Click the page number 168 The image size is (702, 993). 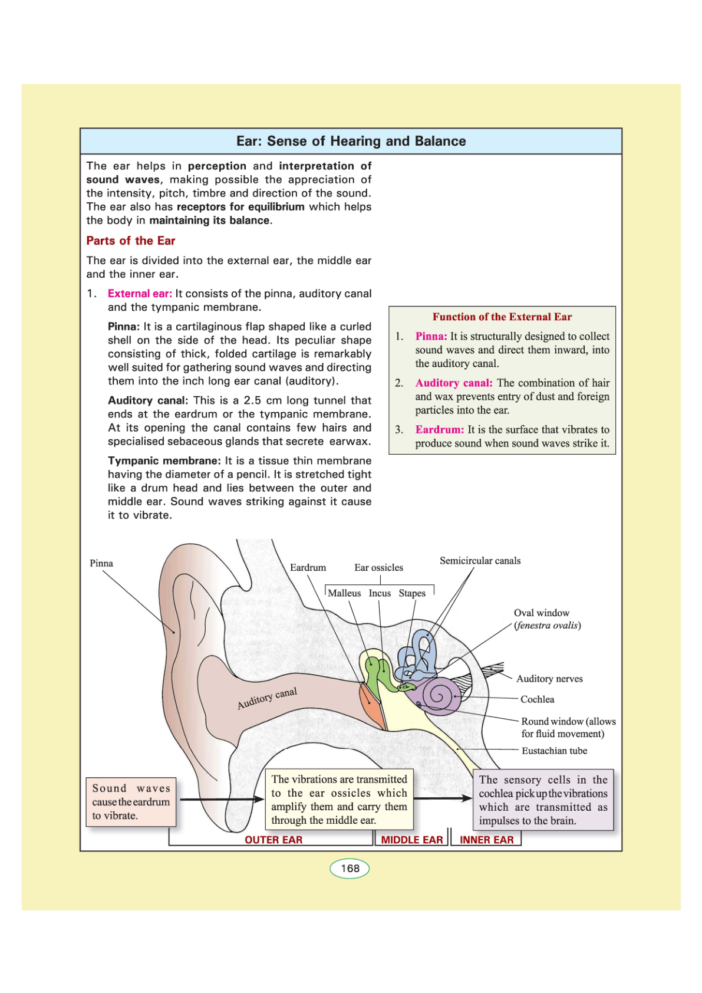click(350, 868)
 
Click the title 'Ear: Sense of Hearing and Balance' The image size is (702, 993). click(351, 142)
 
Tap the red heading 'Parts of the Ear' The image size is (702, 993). click(131, 241)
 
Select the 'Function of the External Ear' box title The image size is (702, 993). click(502, 317)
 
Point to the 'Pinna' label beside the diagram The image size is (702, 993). click(101, 563)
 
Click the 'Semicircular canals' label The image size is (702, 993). click(480, 561)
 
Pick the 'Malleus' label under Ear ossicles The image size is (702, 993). click(344, 593)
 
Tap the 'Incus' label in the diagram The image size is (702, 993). click(380, 593)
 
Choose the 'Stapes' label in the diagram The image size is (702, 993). click(412, 593)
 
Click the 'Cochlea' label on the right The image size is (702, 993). click(537, 699)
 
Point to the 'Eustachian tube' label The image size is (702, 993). click(554, 751)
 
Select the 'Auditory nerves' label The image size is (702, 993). click(549, 679)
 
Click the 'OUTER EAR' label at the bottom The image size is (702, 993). click(273, 840)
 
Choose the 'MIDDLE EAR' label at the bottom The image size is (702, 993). click(411, 840)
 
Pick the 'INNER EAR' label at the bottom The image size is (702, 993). click(486, 840)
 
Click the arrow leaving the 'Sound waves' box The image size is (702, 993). click(221, 800)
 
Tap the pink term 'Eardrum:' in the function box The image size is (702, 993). click(440, 430)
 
